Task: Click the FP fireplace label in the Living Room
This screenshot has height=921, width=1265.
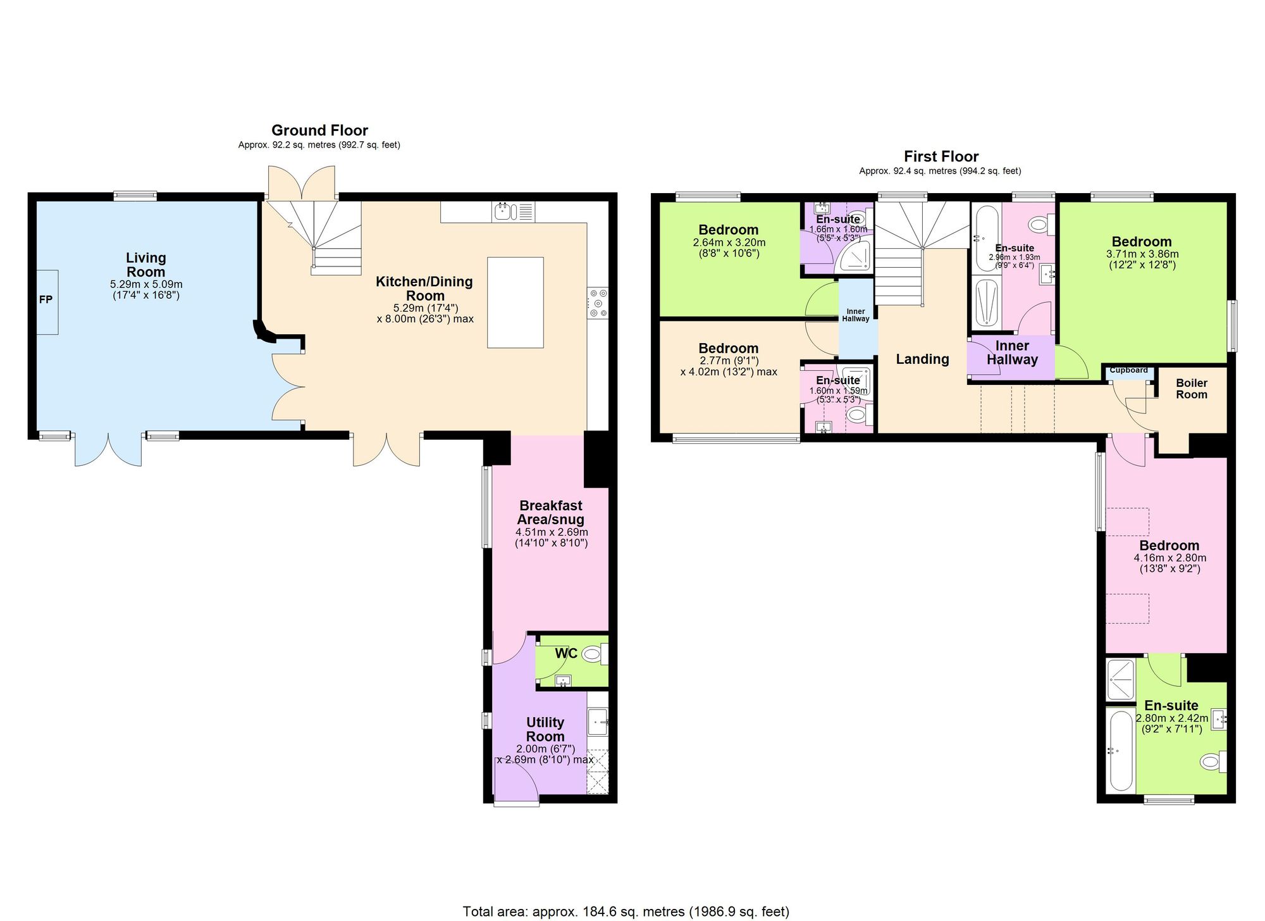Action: click(46, 299)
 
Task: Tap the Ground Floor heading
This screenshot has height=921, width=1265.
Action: click(319, 130)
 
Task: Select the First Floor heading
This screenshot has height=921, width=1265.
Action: click(941, 156)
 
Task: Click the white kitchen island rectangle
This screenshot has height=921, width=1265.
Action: click(515, 303)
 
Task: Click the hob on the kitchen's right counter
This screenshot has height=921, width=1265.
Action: click(598, 303)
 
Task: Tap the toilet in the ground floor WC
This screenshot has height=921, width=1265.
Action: click(594, 654)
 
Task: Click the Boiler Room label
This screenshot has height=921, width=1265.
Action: click(1191, 389)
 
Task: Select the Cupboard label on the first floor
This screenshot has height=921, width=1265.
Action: click(1128, 370)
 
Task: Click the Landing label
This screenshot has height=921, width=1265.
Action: click(922, 360)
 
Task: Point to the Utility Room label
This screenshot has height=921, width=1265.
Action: click(545, 729)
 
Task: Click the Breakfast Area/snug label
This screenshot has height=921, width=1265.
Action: click(551, 513)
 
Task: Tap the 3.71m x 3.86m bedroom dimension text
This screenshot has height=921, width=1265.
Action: click(1142, 254)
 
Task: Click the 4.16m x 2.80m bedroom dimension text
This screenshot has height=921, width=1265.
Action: click(1169, 558)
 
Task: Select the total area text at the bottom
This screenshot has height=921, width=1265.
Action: click(626, 912)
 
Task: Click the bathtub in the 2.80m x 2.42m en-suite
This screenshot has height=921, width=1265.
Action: click(1120, 751)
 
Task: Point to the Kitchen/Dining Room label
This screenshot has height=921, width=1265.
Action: click(424, 289)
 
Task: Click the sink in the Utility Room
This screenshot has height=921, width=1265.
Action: click(597, 720)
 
